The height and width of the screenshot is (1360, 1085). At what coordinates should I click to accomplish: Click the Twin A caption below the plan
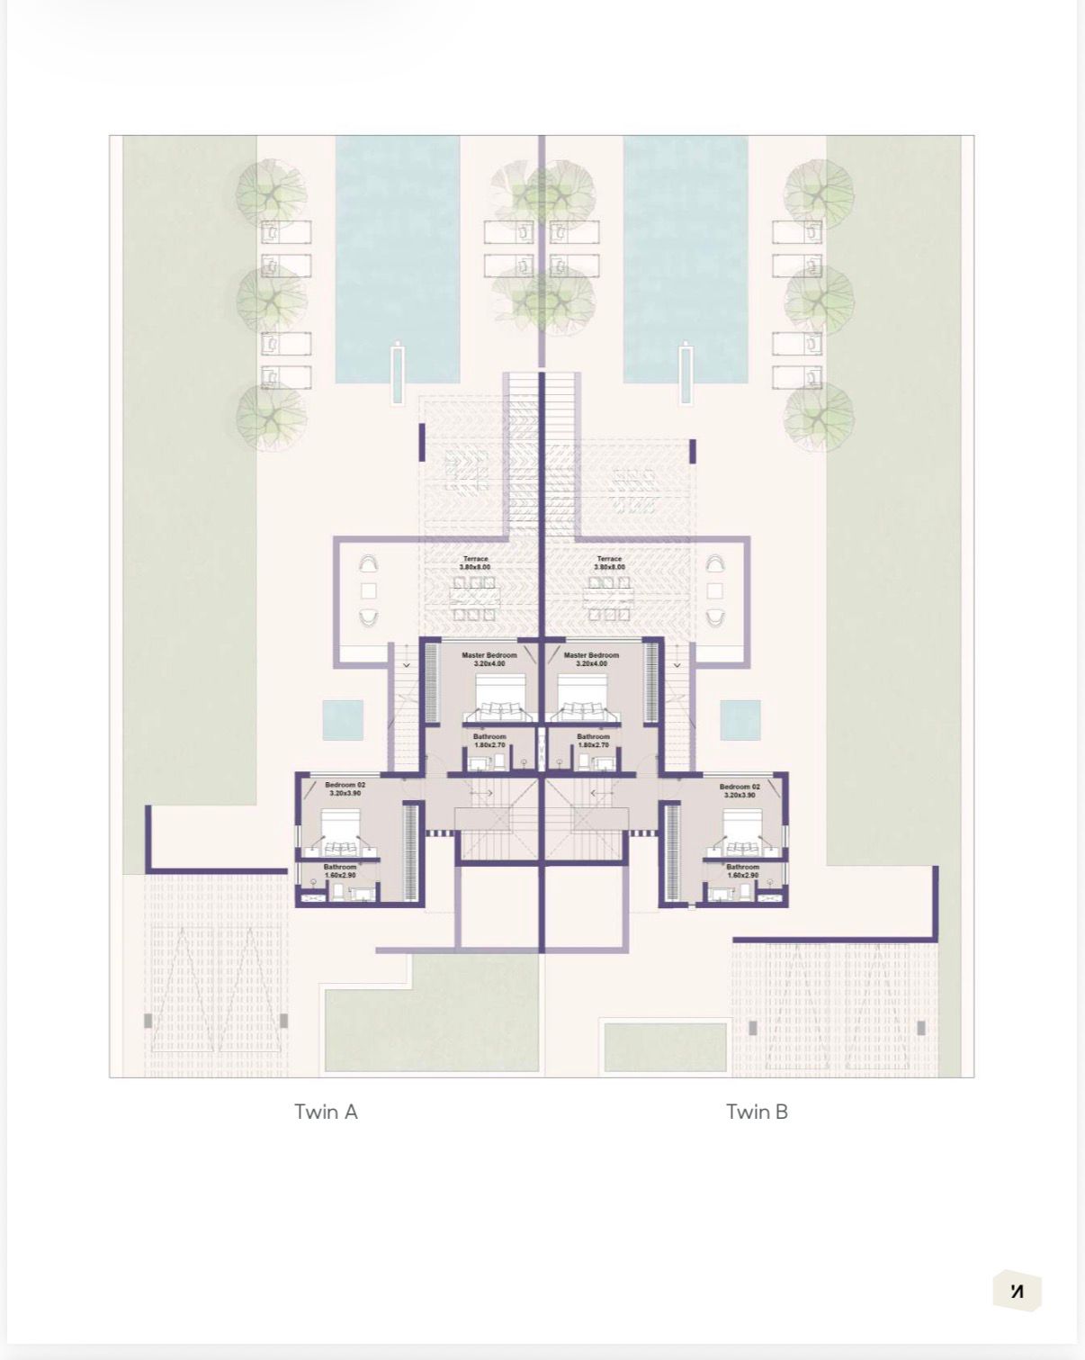(326, 1112)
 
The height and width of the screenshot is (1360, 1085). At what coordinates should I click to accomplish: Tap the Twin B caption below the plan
(757, 1112)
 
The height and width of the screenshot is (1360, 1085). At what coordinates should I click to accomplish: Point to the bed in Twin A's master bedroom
(500, 698)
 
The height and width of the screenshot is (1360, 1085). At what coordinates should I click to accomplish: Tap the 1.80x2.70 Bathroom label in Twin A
(489, 741)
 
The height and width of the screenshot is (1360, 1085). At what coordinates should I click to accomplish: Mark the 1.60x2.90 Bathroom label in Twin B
(743, 870)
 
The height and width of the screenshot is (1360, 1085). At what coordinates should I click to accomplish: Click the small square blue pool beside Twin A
(343, 720)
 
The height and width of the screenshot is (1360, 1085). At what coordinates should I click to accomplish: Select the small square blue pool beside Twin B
(740, 720)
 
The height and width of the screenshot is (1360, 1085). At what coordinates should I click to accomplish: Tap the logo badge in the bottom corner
(1017, 1292)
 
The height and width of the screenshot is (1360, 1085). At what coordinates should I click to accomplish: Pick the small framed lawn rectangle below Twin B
(665, 1047)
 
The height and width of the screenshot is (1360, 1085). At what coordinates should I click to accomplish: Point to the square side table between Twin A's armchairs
(368, 591)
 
